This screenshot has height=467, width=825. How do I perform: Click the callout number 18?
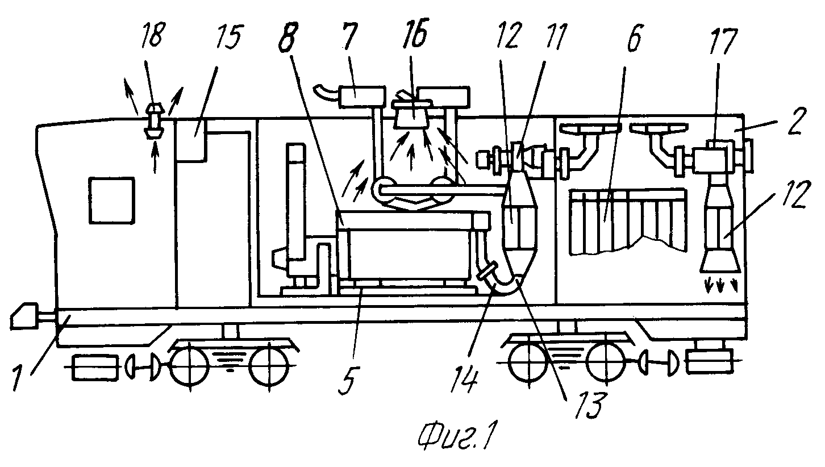pos(153,35)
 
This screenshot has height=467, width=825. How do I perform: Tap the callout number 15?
pos(228,37)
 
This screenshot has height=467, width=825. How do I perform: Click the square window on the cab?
pos(111,200)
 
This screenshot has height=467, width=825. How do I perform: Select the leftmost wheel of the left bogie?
pos(189,365)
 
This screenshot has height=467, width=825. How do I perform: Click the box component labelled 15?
pos(191,140)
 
